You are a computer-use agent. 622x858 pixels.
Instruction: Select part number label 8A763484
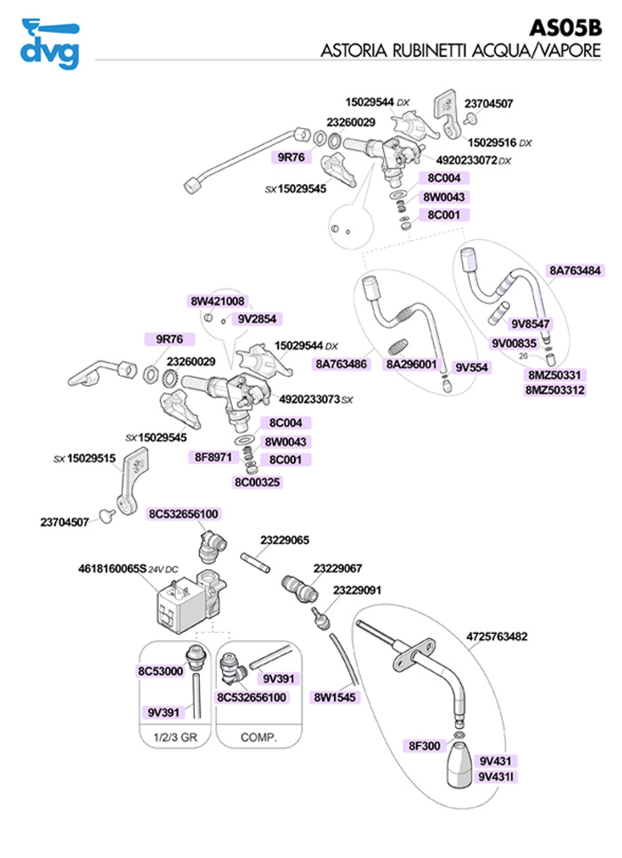tap(575, 270)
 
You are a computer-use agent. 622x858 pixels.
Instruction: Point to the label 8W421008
tap(218, 301)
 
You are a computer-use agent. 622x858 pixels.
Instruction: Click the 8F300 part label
tap(424, 745)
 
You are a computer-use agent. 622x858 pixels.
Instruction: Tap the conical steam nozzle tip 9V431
tap(463, 766)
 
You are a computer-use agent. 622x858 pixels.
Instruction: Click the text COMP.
tap(259, 737)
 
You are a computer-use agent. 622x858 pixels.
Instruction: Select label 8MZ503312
tap(554, 389)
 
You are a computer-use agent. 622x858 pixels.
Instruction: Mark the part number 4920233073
tap(302, 399)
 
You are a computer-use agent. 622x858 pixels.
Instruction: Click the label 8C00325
tap(258, 483)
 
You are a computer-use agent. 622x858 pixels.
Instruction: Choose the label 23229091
tap(357, 589)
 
